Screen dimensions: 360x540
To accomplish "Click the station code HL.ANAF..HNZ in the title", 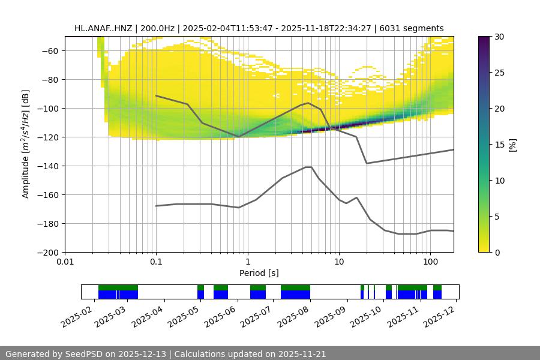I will (x=105, y=28).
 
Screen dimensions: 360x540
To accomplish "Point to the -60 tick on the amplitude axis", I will (x=49, y=50).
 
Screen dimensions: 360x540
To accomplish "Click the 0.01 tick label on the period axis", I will (x=65, y=262).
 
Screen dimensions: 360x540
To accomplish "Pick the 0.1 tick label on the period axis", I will (x=156, y=262).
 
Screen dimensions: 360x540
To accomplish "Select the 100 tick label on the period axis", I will (x=430, y=262).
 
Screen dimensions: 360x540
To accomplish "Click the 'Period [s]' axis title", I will (x=259, y=273).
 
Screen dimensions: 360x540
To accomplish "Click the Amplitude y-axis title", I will (x=25, y=144).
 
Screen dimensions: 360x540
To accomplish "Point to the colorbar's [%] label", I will (x=512, y=144).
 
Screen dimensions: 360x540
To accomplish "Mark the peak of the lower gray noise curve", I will (x=308, y=167).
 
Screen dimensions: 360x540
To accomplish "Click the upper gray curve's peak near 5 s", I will (x=308, y=103).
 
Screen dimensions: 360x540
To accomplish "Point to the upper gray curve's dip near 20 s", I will (x=367, y=163).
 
